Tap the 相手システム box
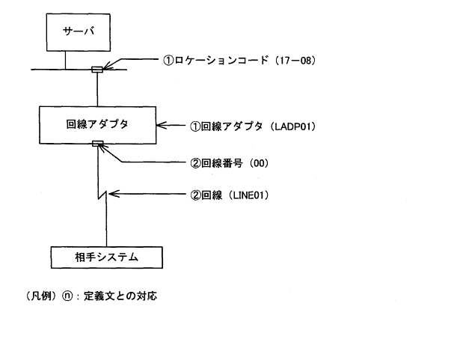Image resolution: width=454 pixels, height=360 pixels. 97,258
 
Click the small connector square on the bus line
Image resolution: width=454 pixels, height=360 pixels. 96,70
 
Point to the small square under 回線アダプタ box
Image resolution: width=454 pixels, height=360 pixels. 96,143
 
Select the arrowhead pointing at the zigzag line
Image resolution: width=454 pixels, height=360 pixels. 111,196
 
